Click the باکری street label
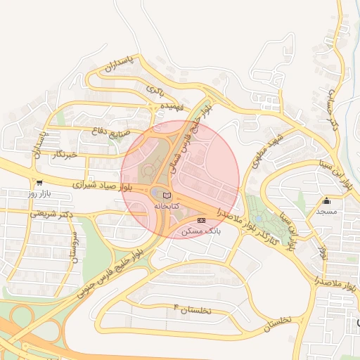(153, 89)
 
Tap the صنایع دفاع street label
(107, 131)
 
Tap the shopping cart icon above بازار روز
(39, 183)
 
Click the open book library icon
(167, 195)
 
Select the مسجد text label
(326, 211)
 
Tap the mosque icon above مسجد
(326, 201)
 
